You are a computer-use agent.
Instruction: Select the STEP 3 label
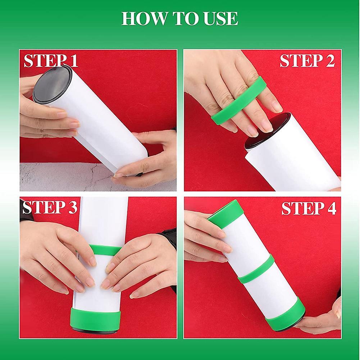(x=50, y=208)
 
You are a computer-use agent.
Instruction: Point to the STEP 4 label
(x=309, y=208)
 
